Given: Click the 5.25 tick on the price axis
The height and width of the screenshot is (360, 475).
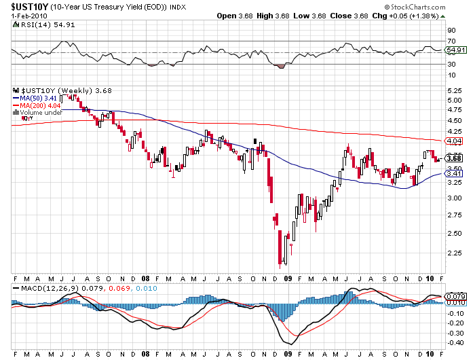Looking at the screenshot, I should [x=453, y=90].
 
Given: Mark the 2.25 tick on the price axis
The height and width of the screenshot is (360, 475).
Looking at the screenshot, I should [x=453, y=252].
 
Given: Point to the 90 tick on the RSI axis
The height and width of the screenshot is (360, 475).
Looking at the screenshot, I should [x=451, y=31].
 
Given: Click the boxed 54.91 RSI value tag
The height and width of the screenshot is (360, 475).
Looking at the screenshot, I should [x=454, y=50].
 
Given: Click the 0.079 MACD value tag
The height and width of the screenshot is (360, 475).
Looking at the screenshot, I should [x=455, y=296].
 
